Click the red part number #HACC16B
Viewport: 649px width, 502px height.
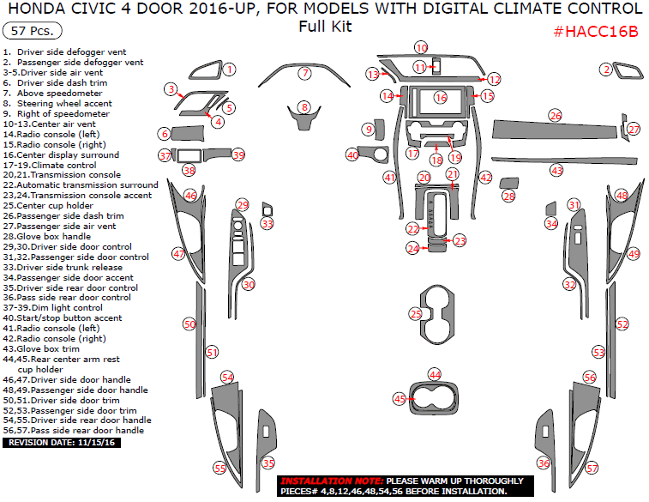pyautogui.click(x=596, y=32)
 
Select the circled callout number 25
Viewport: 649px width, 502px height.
pyautogui.click(x=416, y=314)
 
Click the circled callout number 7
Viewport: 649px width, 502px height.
pyautogui.click(x=304, y=74)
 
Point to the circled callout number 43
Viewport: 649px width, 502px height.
pyautogui.click(x=557, y=171)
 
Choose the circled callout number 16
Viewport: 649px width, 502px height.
pyautogui.click(x=441, y=98)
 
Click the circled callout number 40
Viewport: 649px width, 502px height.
pyautogui.click(x=352, y=155)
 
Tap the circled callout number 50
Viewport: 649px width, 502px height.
pyautogui.click(x=189, y=324)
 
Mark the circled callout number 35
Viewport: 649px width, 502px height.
pyautogui.click(x=269, y=463)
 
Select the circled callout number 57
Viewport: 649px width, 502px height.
pyautogui.click(x=592, y=468)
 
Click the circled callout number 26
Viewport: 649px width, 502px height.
pyautogui.click(x=556, y=115)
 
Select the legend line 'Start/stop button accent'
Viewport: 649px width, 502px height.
pyautogui.click(x=65, y=318)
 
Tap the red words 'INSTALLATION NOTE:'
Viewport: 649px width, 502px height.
pyautogui.click(x=332, y=481)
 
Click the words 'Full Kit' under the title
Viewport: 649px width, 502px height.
pyautogui.click(x=325, y=26)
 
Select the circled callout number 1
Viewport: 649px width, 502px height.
pyautogui.click(x=229, y=69)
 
